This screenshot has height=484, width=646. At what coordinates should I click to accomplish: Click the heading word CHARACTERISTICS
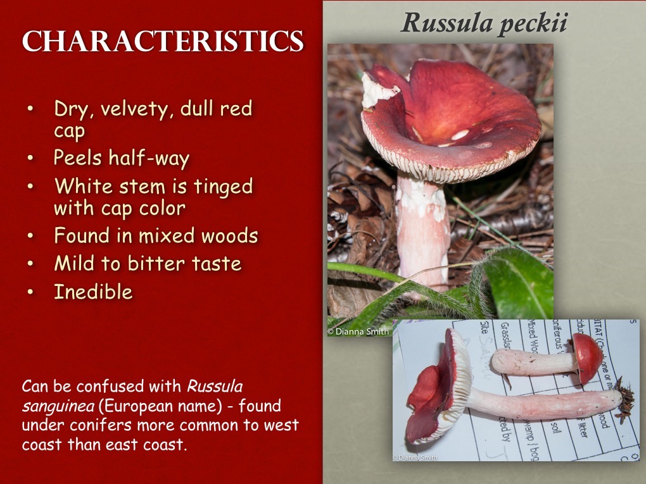(163, 42)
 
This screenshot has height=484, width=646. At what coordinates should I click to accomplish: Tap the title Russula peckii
(484, 23)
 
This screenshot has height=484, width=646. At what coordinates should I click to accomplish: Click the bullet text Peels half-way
(122, 158)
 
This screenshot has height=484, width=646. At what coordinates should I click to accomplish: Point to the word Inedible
(93, 292)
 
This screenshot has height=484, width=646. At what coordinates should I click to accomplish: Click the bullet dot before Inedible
(31, 293)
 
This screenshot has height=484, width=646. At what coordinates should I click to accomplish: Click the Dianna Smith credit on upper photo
(358, 331)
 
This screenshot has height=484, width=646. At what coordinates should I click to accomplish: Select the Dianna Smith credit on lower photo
(415, 457)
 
